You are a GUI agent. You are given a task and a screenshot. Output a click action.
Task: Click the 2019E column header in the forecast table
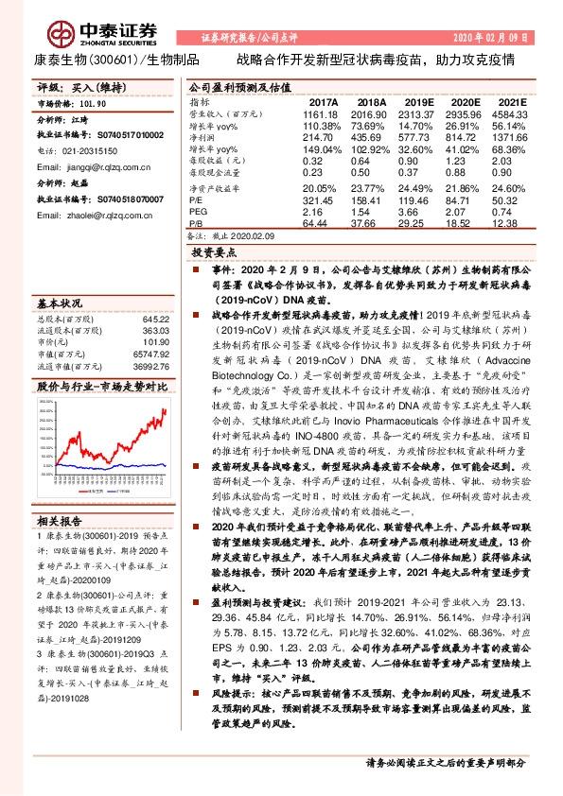(x=420, y=100)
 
